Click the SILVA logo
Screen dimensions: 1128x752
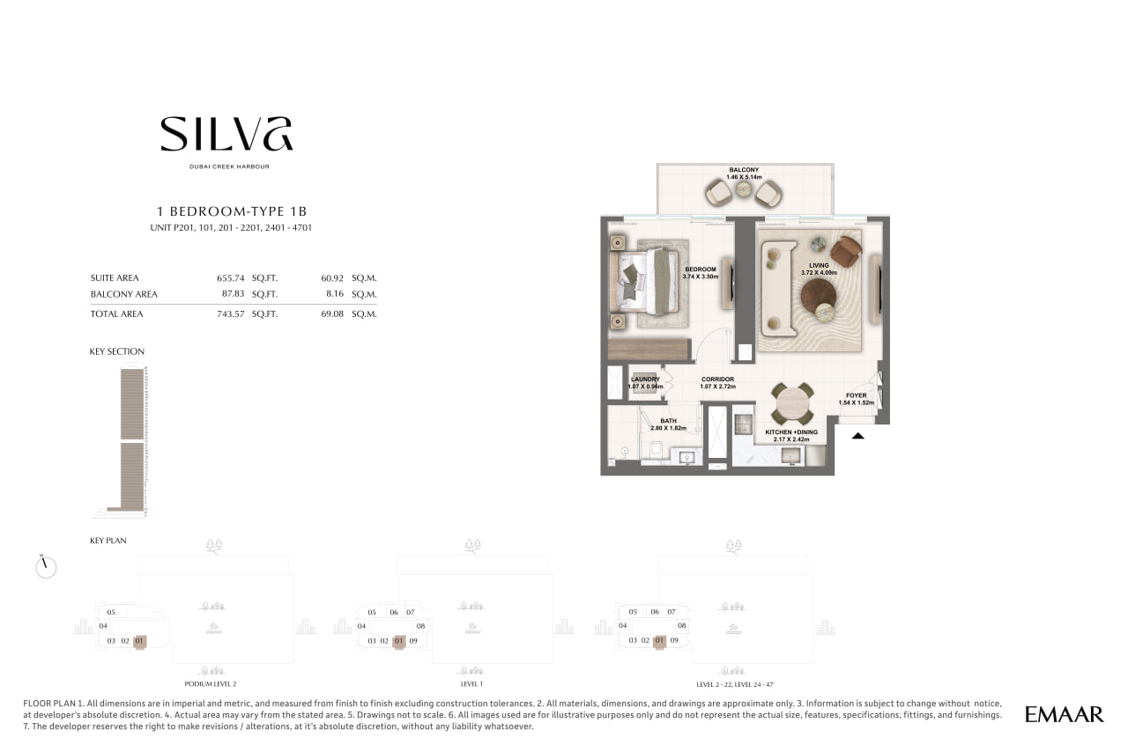226,134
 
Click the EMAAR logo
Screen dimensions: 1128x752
1064,714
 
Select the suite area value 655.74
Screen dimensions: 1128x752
231,278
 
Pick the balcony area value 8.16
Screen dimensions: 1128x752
334,293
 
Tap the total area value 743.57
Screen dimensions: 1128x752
231,313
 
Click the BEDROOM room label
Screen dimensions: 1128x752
700,269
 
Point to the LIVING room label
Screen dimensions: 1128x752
819,265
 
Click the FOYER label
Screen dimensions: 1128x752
856,395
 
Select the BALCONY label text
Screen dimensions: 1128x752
744,170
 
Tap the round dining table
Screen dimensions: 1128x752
793,403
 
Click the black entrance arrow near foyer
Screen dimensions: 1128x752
858,436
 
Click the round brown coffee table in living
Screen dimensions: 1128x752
819,297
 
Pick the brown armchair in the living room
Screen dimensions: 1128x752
847,251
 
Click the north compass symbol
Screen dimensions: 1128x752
46,567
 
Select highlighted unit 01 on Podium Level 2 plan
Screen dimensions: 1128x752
139,641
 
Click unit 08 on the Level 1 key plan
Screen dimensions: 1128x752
420,626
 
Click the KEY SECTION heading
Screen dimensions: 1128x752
117,351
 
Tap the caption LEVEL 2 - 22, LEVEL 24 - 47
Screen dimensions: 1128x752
735,684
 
